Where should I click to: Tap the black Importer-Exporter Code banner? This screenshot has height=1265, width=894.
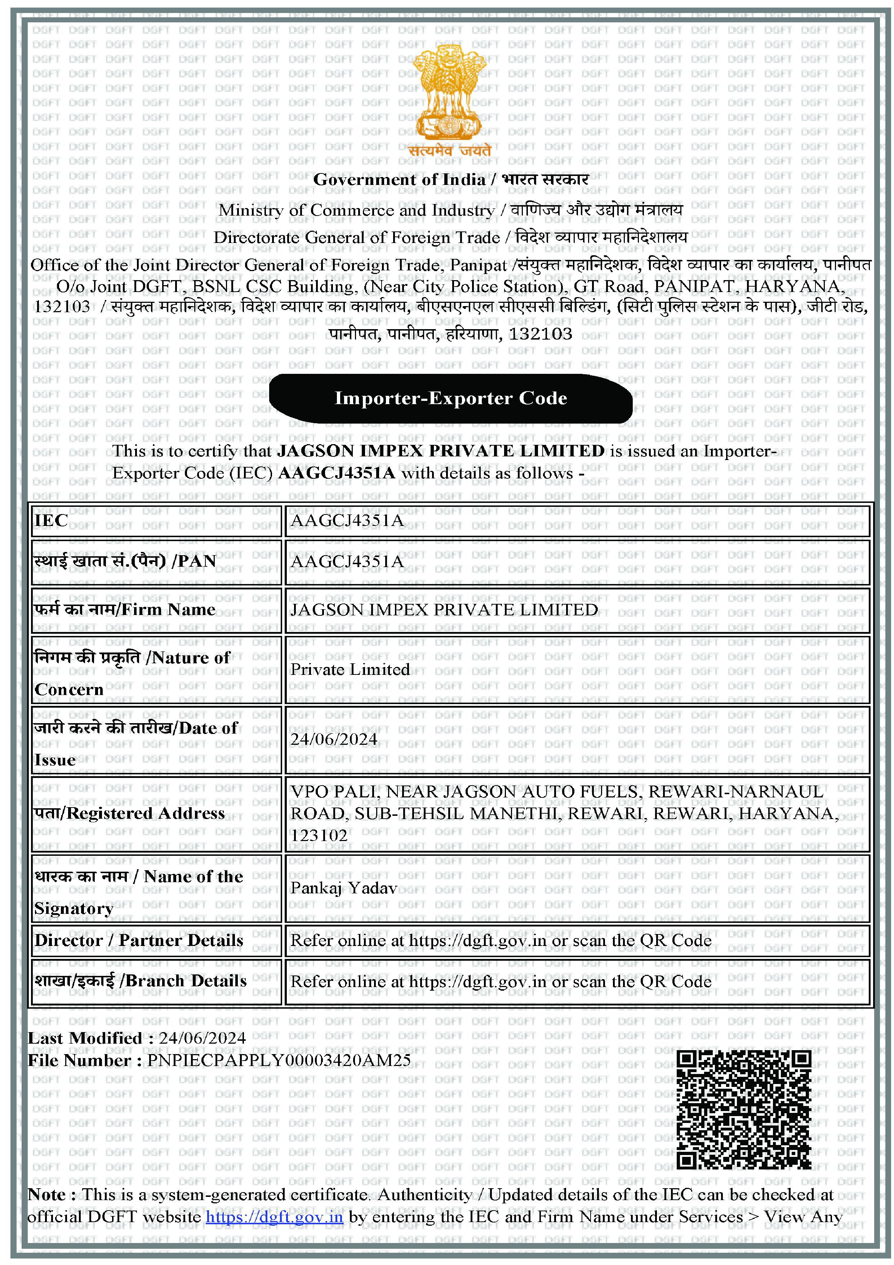pos(450,398)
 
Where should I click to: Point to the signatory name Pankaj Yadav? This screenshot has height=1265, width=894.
pos(344,888)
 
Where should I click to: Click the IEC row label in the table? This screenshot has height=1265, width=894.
pos(51,521)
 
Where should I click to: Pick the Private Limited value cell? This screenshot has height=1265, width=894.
pos(350,669)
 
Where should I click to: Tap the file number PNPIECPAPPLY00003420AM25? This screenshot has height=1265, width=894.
pos(279,1061)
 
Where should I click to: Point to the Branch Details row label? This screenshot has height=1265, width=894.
pos(141,981)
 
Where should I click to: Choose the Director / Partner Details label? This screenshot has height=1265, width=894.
pos(139,941)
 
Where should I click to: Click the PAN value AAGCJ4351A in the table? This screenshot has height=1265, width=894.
pos(347,561)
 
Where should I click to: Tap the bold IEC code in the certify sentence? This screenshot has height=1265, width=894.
pos(337,473)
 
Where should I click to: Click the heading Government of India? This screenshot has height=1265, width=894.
pos(399,180)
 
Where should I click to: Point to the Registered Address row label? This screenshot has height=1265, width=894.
pos(129,813)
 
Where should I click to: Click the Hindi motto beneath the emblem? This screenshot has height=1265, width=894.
pos(449,150)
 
